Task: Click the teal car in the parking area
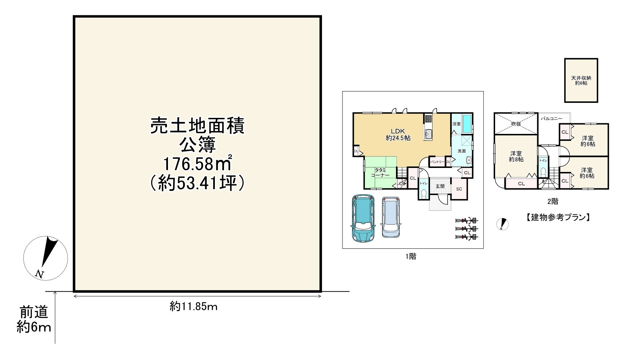tap(362, 218)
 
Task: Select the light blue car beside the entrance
tap(391, 217)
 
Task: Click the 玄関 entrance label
tap(440, 186)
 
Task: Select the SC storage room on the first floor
tap(459, 189)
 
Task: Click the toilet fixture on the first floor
tap(424, 193)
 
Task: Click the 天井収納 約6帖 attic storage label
tap(581, 80)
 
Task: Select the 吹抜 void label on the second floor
tap(516, 124)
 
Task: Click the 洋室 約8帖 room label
tap(516, 156)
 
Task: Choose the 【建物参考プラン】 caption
tap(558, 217)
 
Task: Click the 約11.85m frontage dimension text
tap(194, 307)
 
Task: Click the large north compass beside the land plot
tap(45, 258)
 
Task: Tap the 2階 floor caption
tap(553, 201)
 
